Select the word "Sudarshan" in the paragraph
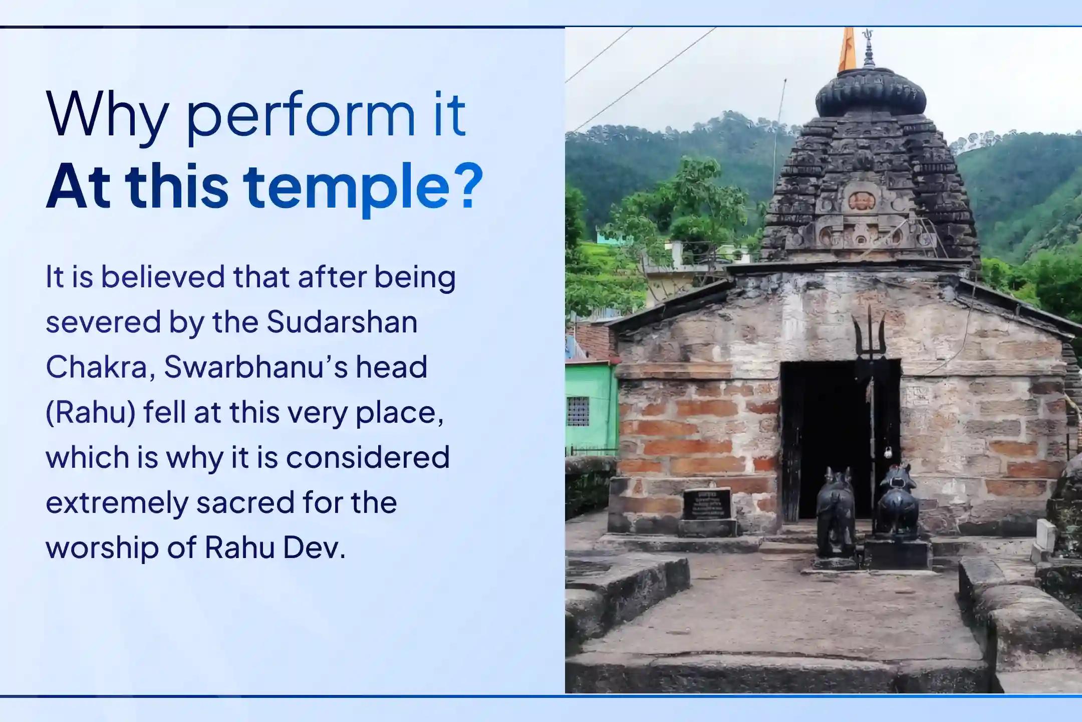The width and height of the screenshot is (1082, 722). click(x=342, y=322)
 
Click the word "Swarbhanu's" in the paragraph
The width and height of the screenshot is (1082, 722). click(x=255, y=367)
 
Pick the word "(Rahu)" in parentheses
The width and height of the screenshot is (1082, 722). click(x=90, y=412)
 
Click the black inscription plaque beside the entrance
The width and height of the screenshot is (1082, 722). click(x=707, y=504)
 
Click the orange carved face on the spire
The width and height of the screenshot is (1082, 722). click(x=861, y=200)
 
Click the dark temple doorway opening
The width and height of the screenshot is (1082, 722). click(x=827, y=426)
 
